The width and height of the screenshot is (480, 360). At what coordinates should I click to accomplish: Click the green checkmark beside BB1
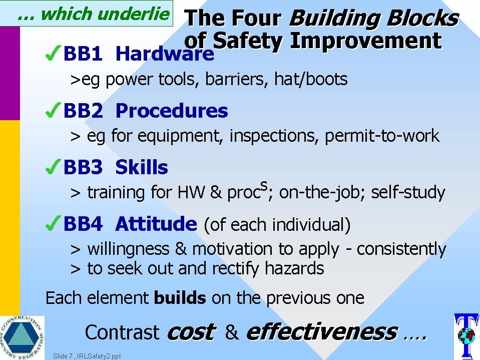pos(53,53)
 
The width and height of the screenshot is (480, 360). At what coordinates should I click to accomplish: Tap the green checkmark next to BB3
pos(53,167)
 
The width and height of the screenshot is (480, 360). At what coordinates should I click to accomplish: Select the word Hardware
pos(165,53)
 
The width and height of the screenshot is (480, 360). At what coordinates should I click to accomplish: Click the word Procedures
pos(172,110)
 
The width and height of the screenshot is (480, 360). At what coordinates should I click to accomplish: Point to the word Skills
pos(142,167)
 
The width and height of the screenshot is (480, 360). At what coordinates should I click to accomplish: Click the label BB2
pos(83,110)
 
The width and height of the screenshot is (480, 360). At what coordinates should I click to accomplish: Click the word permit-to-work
pos(382,136)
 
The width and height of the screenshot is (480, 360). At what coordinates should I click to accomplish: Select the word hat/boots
pos(311,79)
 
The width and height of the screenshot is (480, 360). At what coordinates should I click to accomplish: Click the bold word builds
pos(180,297)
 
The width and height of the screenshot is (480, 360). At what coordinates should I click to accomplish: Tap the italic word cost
pos(192,332)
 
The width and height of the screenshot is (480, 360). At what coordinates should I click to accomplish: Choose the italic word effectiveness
pos(322,331)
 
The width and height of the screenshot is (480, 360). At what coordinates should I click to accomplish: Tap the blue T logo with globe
pos(466,336)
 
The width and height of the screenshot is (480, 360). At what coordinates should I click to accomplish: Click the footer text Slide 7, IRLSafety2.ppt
pos(87,356)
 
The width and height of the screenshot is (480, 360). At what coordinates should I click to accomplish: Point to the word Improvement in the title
pos(366,41)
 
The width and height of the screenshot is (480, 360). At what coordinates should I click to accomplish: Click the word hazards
pos(294,268)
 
